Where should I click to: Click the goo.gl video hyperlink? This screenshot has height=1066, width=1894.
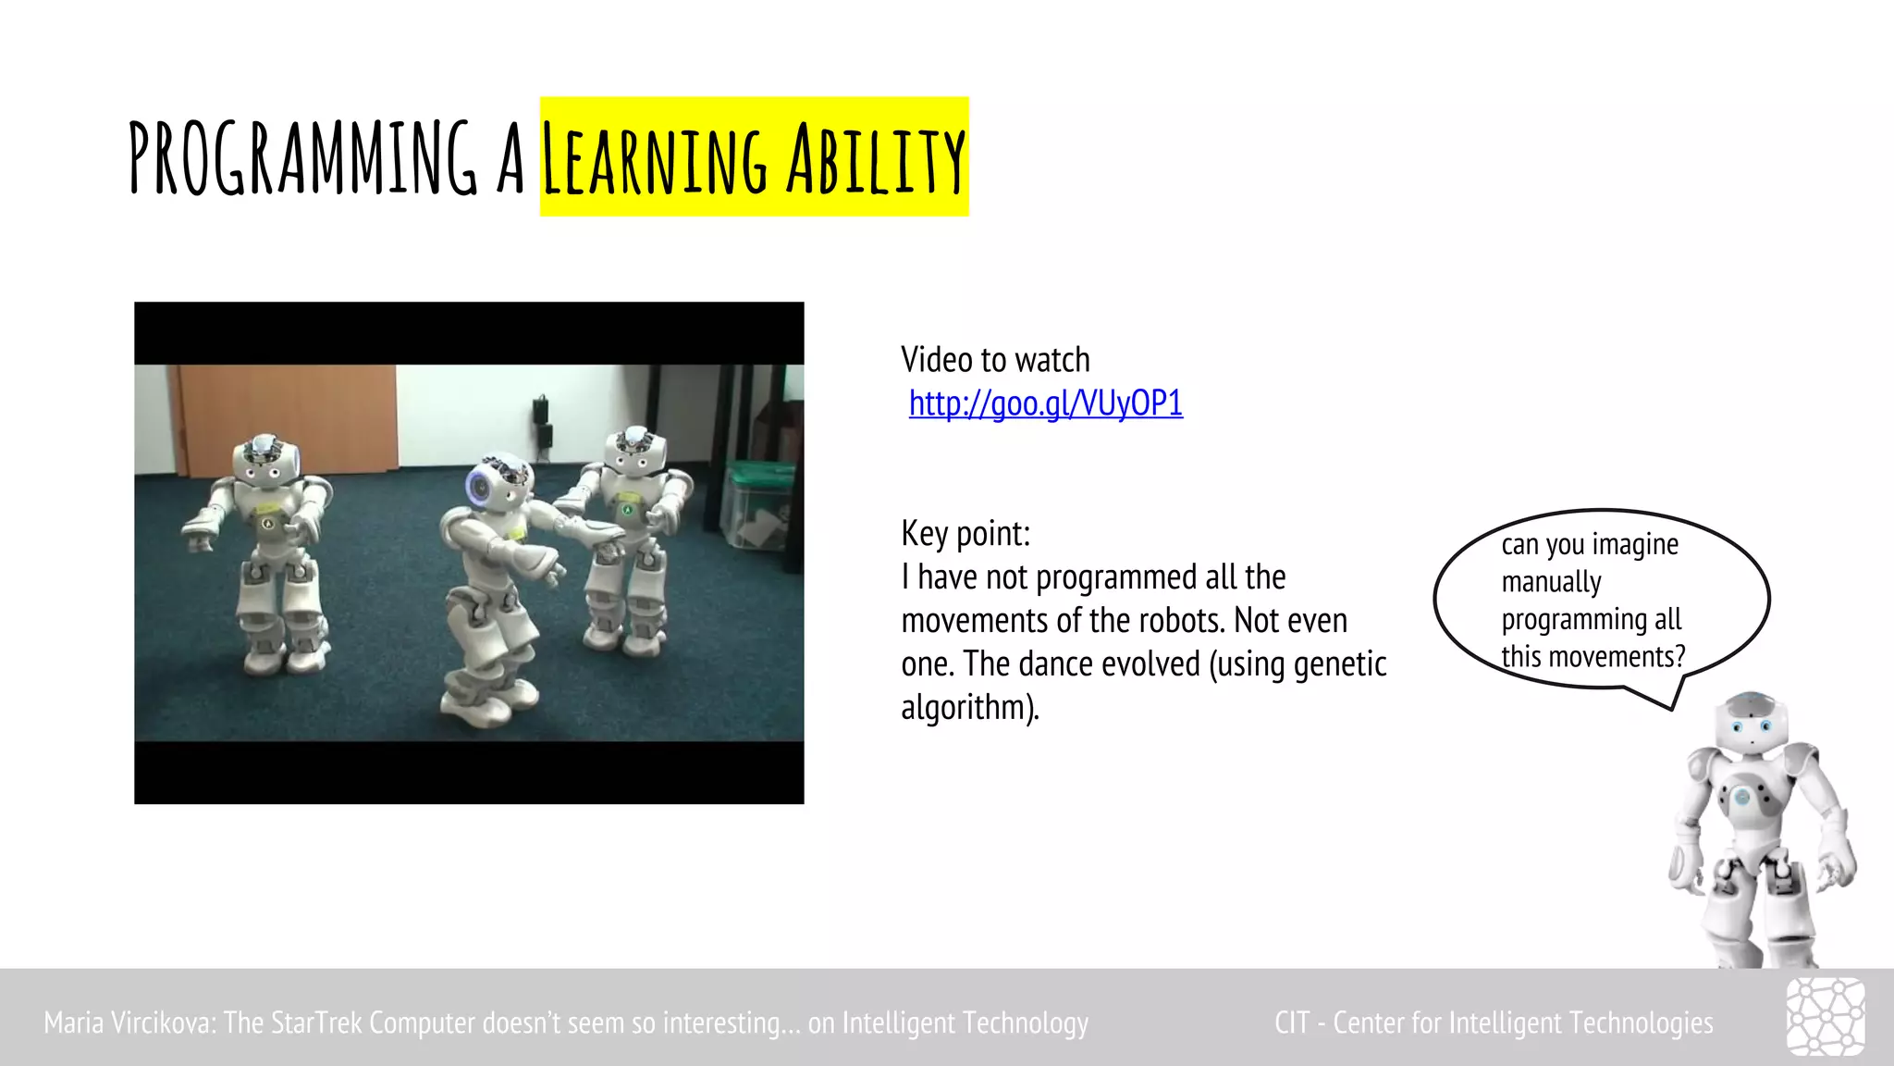click(x=1045, y=403)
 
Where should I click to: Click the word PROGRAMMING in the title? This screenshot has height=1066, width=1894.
click(x=302, y=158)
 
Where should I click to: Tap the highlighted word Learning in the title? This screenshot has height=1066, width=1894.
click(x=654, y=160)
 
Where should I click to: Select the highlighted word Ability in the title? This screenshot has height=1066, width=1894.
click(x=876, y=160)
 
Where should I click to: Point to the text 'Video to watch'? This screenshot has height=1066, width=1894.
click(x=995, y=360)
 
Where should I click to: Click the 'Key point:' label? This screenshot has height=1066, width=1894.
click(x=965, y=534)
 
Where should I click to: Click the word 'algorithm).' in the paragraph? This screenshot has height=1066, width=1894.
click(x=970, y=708)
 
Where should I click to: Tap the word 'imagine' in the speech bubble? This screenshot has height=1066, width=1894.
click(x=1635, y=545)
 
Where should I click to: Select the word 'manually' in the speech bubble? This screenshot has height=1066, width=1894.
click(x=1551, y=582)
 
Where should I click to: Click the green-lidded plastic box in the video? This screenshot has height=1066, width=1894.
click(x=757, y=504)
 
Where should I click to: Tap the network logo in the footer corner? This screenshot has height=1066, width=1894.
click(x=1825, y=1017)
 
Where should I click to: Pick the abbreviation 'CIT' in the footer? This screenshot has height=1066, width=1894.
click(x=1291, y=1023)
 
